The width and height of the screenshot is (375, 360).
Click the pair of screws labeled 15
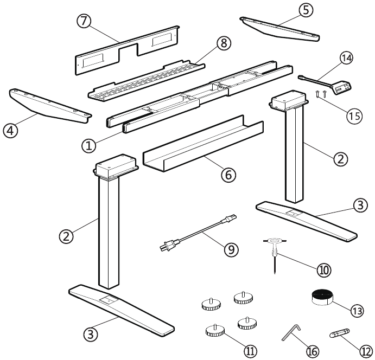click(321, 94)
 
